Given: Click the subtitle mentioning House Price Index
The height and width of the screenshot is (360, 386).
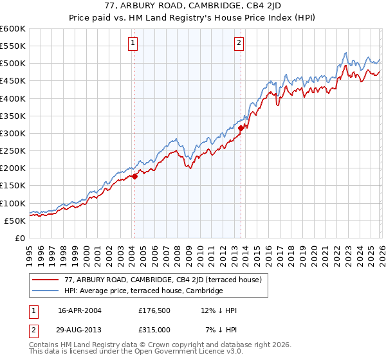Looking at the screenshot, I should [193, 19].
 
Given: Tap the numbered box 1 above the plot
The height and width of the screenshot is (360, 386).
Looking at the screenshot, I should [133, 43].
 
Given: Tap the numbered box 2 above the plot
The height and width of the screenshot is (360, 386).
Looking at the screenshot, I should [239, 43].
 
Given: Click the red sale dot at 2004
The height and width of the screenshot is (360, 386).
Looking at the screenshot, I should [134, 177].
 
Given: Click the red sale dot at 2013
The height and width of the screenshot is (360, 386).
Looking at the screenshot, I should [241, 128].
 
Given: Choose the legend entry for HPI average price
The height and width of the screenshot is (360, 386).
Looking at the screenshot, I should [143, 291].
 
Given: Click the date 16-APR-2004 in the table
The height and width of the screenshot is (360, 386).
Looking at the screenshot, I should [80, 310].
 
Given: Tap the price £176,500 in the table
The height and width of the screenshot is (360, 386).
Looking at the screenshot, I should [154, 310].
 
